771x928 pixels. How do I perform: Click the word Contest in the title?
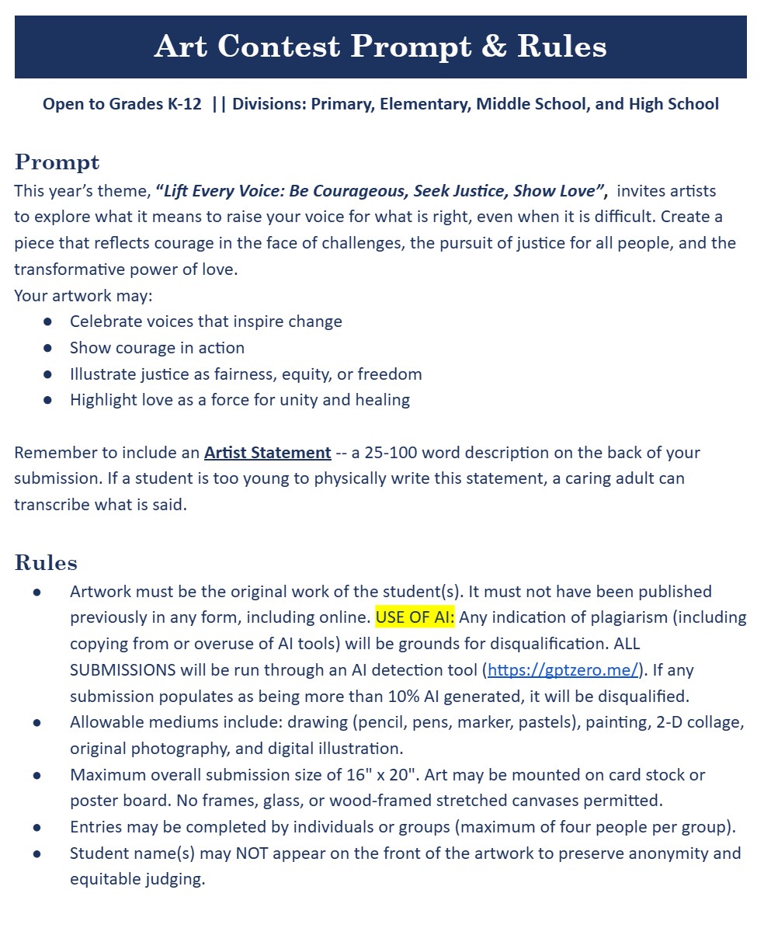[x=279, y=47]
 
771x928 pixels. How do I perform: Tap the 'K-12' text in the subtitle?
[x=184, y=104]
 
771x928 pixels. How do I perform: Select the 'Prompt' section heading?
[x=57, y=162]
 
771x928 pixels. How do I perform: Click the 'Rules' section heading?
[x=46, y=562]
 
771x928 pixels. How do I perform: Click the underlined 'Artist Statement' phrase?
[x=268, y=452]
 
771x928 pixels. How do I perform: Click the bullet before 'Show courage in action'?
[x=48, y=348]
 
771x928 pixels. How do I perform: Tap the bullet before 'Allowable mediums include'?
[x=37, y=722]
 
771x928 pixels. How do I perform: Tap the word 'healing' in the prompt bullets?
[x=378, y=400]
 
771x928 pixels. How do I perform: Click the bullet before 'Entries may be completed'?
[x=37, y=828]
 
